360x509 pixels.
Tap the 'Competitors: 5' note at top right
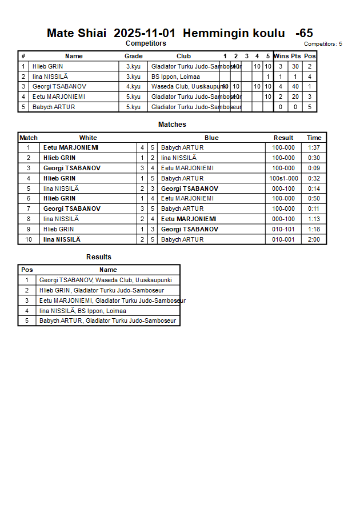(323, 43)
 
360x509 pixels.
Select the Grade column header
(133, 56)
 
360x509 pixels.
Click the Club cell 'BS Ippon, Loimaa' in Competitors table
(175, 77)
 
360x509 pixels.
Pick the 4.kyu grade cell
(133, 86)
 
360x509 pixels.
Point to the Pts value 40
(295, 86)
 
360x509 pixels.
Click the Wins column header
(281, 56)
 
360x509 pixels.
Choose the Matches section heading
(172, 125)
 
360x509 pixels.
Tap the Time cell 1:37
(314, 147)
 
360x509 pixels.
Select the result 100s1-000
(284, 178)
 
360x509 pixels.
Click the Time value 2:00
(314, 239)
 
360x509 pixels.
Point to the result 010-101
(284, 229)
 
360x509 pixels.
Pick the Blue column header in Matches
(211, 138)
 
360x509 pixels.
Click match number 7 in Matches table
(29, 209)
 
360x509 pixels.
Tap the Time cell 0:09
(314, 168)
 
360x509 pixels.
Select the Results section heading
(99, 257)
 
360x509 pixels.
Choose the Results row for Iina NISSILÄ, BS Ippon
(83, 311)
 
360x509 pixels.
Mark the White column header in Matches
(88, 138)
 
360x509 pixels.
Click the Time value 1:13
(314, 219)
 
